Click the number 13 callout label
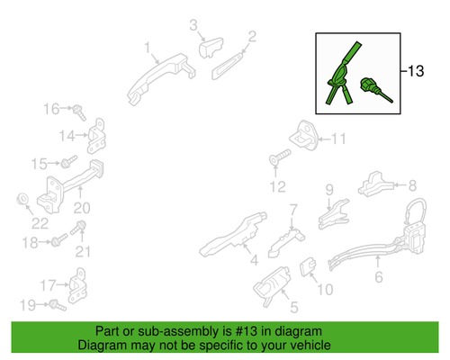point(416,71)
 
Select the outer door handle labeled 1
point(160,78)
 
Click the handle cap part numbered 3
point(211,47)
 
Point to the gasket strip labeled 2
point(228,66)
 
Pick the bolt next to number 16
point(79,112)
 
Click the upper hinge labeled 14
point(96,136)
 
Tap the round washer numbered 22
point(22,199)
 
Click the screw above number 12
point(280,157)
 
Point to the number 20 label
point(82,208)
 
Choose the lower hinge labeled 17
point(77,285)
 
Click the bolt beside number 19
point(58,305)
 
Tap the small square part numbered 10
point(308,266)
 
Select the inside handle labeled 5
point(272,286)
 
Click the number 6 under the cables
point(379,277)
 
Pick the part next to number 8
point(375,184)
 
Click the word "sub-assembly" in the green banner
point(179,331)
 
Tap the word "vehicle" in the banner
point(312,346)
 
